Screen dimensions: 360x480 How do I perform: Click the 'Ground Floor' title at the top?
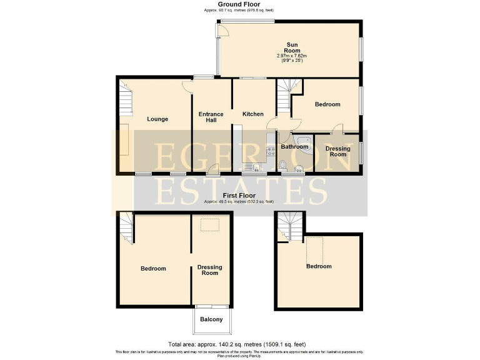pyautogui.click(x=239, y=4)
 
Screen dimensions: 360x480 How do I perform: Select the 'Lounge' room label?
pyautogui.click(x=157, y=119)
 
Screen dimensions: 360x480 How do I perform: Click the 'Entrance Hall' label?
pyautogui.click(x=211, y=117)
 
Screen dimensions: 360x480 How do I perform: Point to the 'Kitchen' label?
pyautogui.click(x=253, y=114)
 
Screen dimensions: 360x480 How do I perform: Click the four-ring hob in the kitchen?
pyautogui.click(x=271, y=151)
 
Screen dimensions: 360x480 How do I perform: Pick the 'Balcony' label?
pyautogui.click(x=211, y=319)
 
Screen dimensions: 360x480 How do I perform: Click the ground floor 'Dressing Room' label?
pyautogui.click(x=337, y=151)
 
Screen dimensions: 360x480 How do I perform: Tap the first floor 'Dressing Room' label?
pyautogui.click(x=209, y=270)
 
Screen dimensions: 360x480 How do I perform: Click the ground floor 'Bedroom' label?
pyautogui.click(x=327, y=104)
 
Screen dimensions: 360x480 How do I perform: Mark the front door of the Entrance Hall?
pyautogui.click(x=212, y=169)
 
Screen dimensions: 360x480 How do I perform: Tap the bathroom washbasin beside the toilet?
pyautogui.click(x=297, y=167)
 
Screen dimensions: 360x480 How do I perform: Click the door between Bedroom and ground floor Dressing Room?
pyautogui.click(x=337, y=129)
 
